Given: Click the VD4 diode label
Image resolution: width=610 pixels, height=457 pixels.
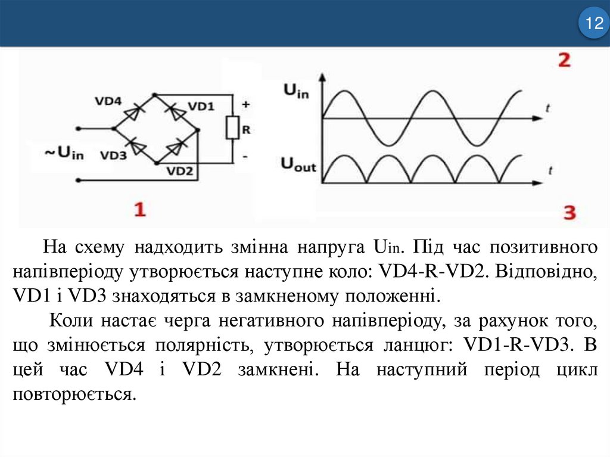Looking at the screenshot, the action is (x=108, y=101).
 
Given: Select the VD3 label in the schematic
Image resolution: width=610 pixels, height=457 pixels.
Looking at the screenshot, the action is (x=113, y=156).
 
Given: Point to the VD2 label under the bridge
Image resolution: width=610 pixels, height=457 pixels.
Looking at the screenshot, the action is (x=179, y=171).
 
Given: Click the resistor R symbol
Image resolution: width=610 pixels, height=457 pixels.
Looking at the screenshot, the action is (x=231, y=128).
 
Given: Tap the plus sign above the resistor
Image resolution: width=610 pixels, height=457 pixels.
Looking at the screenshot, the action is (x=245, y=104).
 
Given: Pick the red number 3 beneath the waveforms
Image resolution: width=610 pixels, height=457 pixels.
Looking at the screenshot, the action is (x=569, y=213).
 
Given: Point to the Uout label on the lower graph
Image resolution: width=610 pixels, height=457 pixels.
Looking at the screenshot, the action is (x=298, y=164).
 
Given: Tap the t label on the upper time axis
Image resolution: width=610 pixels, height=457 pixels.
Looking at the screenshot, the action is (x=547, y=107).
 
